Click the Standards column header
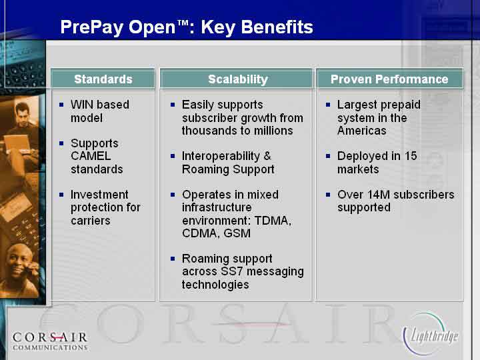point(103,79)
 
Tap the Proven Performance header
point(389,79)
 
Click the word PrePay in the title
point(92,27)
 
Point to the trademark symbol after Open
point(183,23)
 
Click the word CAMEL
point(91,156)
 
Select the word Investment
point(99,195)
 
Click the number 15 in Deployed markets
point(411,156)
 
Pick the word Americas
point(361,131)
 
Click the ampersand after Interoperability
point(267,156)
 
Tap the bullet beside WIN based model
point(61,105)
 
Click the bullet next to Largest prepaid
point(328,105)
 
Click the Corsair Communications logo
point(50,341)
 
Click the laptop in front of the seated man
point(17,144)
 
